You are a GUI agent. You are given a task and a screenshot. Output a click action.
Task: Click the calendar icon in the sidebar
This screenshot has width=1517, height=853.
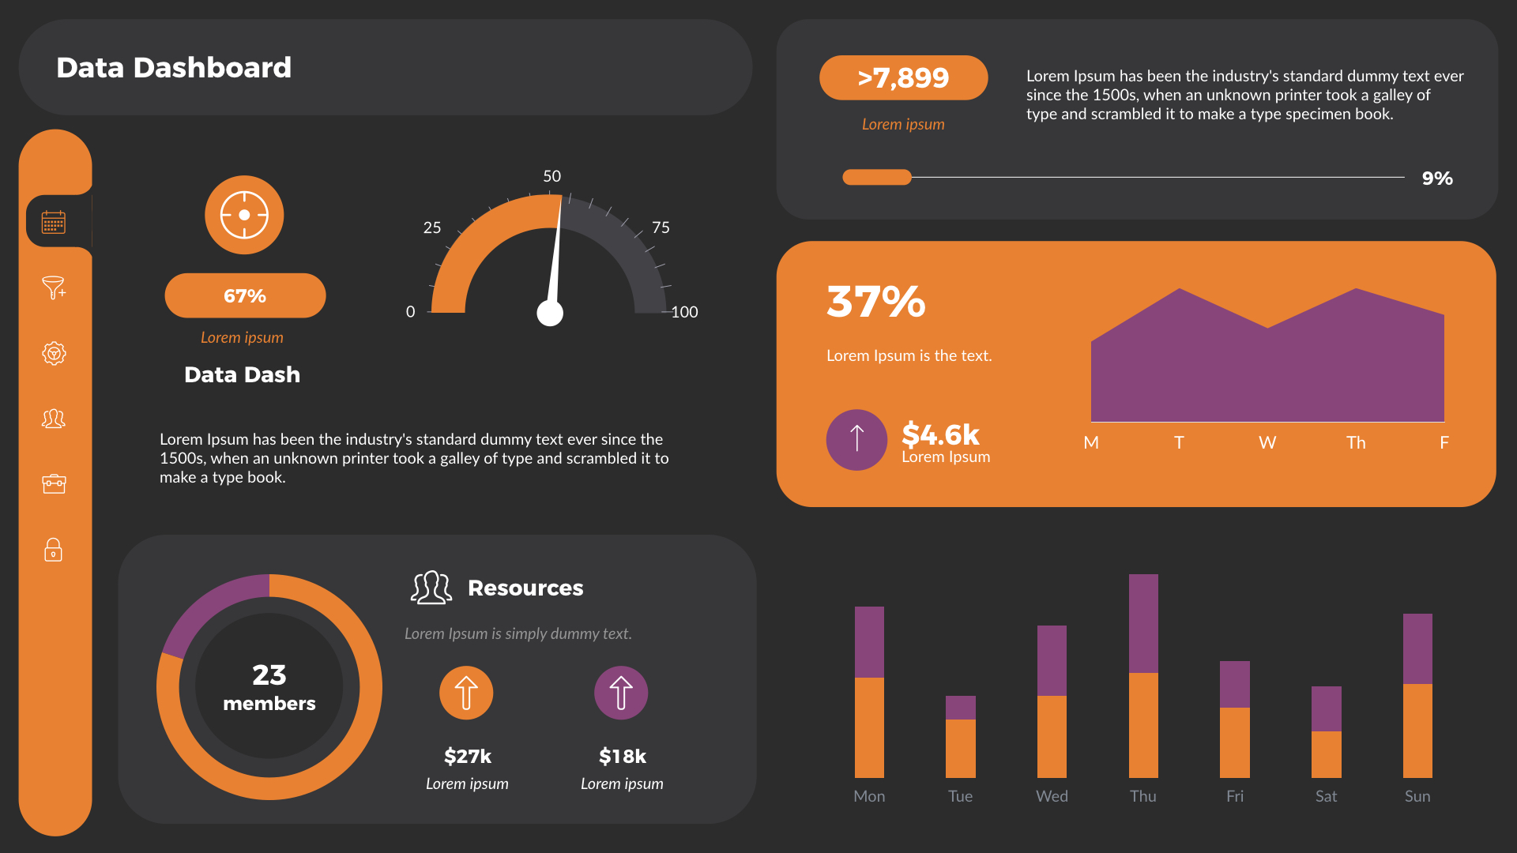54,222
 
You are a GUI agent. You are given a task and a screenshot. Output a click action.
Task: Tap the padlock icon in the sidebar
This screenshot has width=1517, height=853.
53,550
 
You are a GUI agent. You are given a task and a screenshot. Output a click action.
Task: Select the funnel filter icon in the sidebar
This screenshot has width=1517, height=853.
53,287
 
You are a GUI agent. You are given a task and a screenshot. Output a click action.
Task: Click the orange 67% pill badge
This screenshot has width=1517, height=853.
245,296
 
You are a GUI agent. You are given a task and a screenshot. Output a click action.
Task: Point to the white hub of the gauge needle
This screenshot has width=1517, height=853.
550,314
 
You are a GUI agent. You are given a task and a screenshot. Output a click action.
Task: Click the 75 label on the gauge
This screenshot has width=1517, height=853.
661,227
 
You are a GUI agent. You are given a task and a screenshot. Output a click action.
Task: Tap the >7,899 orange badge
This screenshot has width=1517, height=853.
903,78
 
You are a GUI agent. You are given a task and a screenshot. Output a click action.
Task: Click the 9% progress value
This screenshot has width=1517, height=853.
1436,178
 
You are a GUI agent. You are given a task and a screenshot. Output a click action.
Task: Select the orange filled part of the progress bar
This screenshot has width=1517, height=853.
876,178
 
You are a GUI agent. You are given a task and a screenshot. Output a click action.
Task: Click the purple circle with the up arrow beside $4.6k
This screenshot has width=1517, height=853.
856,439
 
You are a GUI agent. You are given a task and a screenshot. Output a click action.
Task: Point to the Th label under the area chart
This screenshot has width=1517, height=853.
1356,443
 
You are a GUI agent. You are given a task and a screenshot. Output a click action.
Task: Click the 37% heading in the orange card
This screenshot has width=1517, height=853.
875,302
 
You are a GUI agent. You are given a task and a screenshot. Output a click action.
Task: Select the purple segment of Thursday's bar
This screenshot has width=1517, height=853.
1143,623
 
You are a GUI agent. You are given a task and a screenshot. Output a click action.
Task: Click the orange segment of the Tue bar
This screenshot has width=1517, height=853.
960,748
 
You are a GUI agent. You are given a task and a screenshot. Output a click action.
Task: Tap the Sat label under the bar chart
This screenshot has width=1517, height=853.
1326,796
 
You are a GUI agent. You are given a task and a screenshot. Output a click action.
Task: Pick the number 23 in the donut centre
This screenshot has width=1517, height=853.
269,675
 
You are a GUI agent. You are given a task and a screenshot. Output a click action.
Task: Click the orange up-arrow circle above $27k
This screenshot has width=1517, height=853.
466,693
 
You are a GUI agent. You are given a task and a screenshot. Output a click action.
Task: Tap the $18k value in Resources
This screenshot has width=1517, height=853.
622,757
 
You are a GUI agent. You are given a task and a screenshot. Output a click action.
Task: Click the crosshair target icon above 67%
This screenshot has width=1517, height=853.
244,215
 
